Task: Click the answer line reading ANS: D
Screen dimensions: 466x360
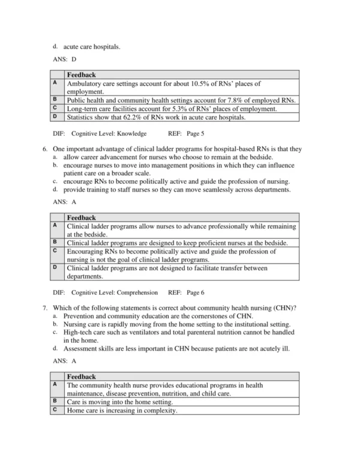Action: pos(65,59)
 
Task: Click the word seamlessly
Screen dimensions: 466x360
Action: pos(209,189)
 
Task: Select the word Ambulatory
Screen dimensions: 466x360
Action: pos(86,83)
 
